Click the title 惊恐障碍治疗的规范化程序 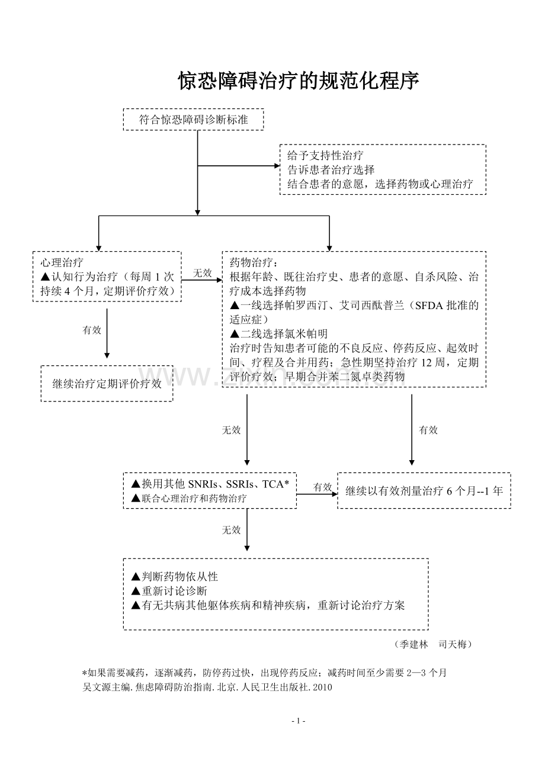[299, 81]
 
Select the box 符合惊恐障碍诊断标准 [193, 119]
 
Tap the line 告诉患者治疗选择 [331, 169]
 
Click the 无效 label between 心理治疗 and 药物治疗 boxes [202, 272]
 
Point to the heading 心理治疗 [62, 262]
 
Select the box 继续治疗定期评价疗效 [107, 383]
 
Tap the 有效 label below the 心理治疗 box [92, 330]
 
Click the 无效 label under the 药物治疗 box [231, 430]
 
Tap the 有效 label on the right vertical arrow [428, 430]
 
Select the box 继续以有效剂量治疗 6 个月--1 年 [424, 490]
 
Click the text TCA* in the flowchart [275, 484]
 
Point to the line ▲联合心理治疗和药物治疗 [189, 499]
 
